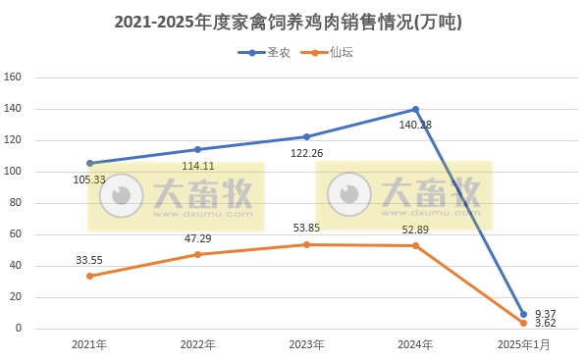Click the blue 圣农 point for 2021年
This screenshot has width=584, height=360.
tap(90, 163)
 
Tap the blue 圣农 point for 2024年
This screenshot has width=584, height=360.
tap(415, 109)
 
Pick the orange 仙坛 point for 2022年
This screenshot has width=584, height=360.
tap(198, 254)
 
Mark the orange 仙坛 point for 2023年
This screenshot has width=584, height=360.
tap(306, 244)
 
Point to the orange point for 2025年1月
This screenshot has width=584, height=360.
tap(523, 323)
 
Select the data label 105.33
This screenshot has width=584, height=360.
tap(90, 180)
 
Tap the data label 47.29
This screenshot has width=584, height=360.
tap(198, 237)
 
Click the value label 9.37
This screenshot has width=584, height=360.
tap(545, 314)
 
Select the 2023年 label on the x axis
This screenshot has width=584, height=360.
tap(306, 345)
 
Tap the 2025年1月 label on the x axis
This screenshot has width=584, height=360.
tap(522, 345)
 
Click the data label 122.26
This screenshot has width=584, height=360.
tap(306, 153)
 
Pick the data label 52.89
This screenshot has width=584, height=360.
tap(415, 230)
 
